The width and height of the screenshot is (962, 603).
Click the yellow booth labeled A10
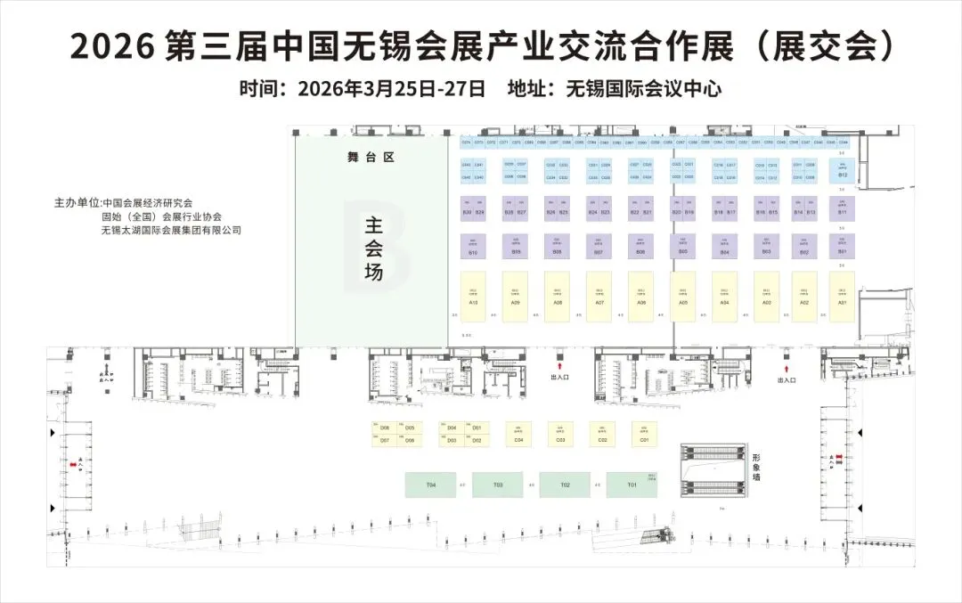(x=473, y=297)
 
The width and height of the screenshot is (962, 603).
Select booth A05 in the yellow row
(x=682, y=297)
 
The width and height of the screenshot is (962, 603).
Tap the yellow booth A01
(x=842, y=297)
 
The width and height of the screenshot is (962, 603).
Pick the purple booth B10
(x=473, y=247)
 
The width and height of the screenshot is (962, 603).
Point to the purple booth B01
(x=842, y=246)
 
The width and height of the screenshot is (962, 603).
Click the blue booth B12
(x=843, y=170)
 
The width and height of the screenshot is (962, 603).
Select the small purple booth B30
(x=467, y=208)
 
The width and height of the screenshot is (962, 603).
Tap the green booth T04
(x=431, y=485)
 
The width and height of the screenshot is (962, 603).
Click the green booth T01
(x=632, y=485)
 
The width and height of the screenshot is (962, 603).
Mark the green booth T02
(x=565, y=485)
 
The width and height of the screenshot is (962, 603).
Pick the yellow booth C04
(x=518, y=435)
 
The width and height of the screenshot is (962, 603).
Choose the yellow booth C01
(x=644, y=435)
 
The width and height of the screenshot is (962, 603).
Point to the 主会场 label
(x=373, y=249)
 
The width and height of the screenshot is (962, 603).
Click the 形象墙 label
(x=756, y=466)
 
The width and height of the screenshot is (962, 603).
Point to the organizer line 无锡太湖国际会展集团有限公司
(x=173, y=231)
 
